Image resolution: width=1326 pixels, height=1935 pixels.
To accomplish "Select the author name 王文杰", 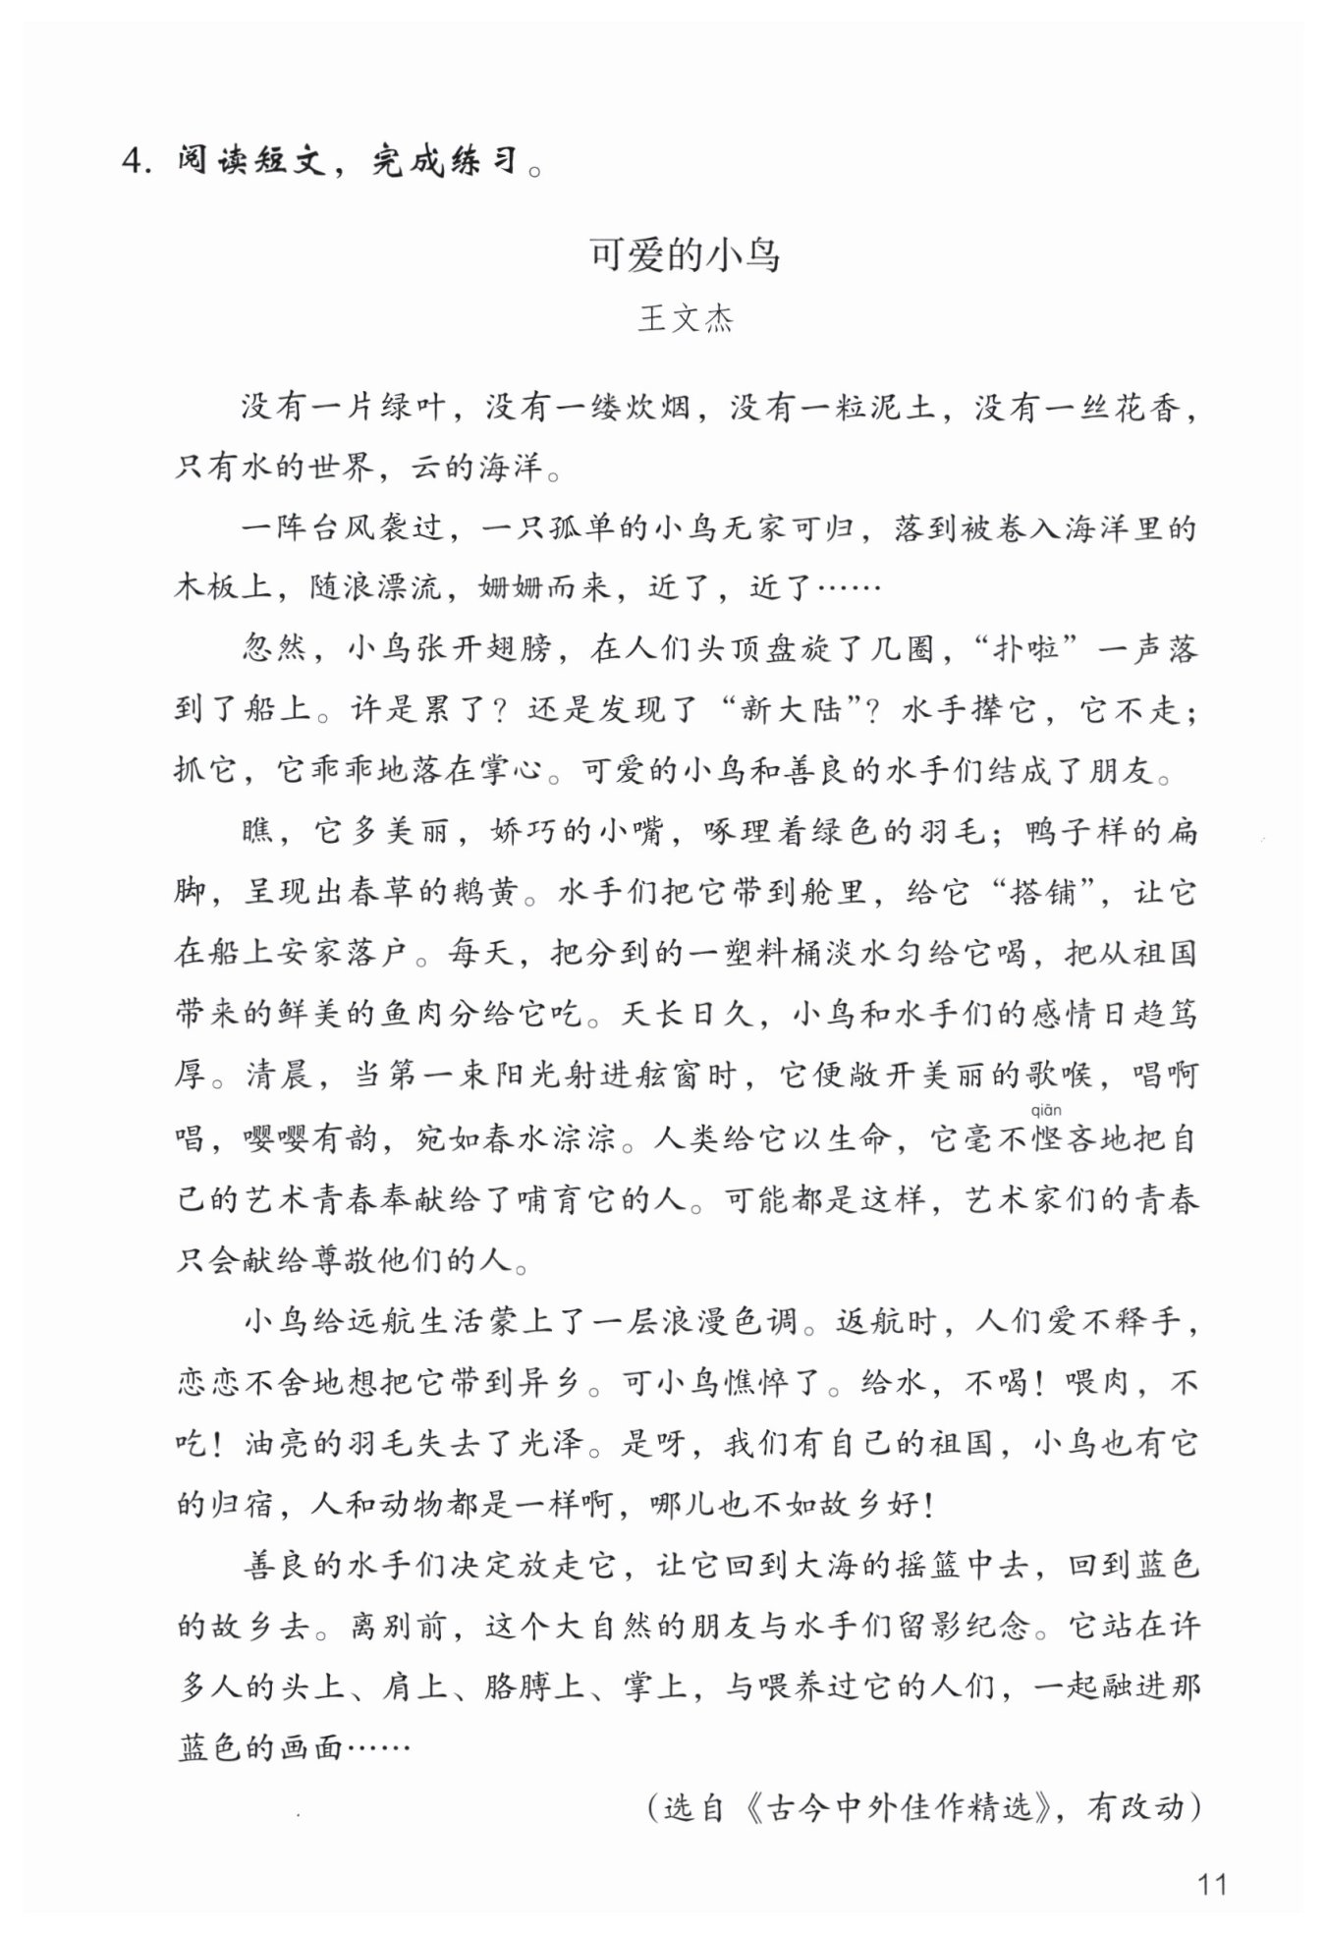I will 685,320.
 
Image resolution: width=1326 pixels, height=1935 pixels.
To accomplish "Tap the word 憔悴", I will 760,1384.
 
